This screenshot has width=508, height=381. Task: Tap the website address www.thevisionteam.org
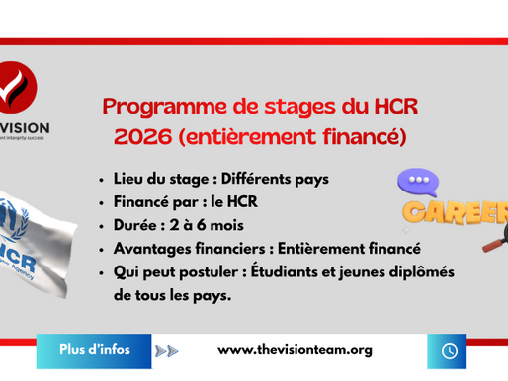click(x=295, y=350)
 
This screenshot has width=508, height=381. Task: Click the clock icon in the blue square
click(x=449, y=350)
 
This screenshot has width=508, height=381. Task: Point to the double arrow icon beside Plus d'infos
click(x=167, y=350)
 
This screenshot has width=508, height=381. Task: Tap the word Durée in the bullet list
click(x=138, y=225)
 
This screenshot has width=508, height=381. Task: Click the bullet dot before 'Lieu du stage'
click(x=104, y=181)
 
